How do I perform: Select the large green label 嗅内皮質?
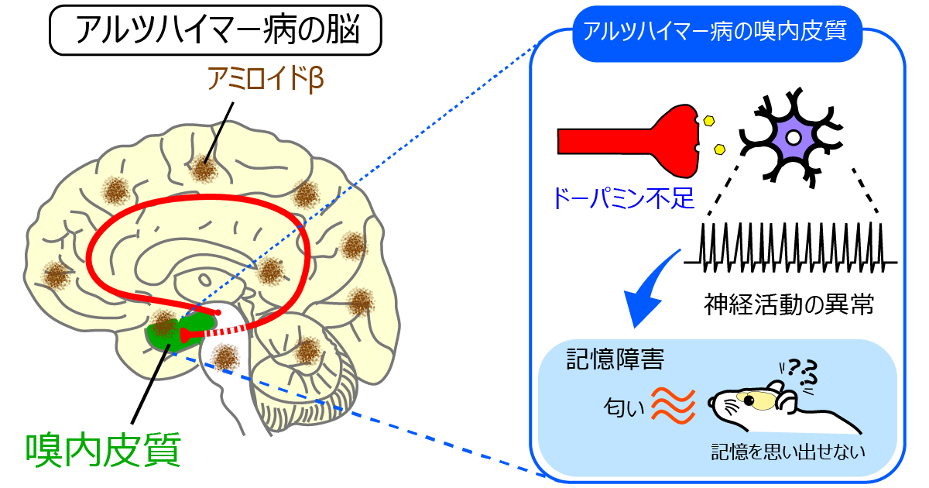click(104, 449)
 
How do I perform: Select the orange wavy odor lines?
click(669, 404)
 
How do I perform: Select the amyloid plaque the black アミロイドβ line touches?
click(204, 167)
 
